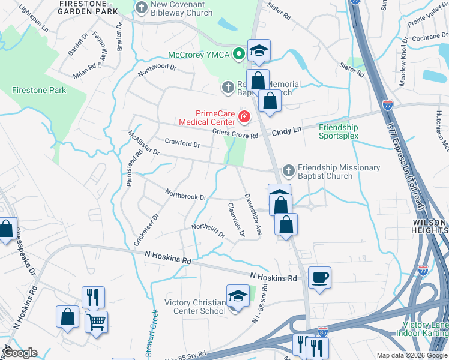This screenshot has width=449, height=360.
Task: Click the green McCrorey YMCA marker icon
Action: tap(239, 54)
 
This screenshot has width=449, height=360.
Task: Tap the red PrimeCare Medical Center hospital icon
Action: tap(244, 116)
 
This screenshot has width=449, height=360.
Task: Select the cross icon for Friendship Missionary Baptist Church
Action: tap(288, 172)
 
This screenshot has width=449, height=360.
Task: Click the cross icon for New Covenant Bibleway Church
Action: tap(142, 8)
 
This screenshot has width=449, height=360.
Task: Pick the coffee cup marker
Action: tap(319, 278)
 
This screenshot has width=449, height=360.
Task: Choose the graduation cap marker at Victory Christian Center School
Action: tap(238, 296)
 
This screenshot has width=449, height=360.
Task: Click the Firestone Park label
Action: tap(39, 90)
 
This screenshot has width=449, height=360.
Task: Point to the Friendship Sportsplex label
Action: tap(338, 131)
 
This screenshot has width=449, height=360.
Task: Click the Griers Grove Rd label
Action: tap(235, 135)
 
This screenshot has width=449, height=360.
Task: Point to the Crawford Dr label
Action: tap(182, 143)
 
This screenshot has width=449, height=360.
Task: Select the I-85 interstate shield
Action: tap(322, 331)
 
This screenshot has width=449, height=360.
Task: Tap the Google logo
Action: tap(19, 353)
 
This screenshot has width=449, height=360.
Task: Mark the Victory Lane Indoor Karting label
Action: tap(422, 328)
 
